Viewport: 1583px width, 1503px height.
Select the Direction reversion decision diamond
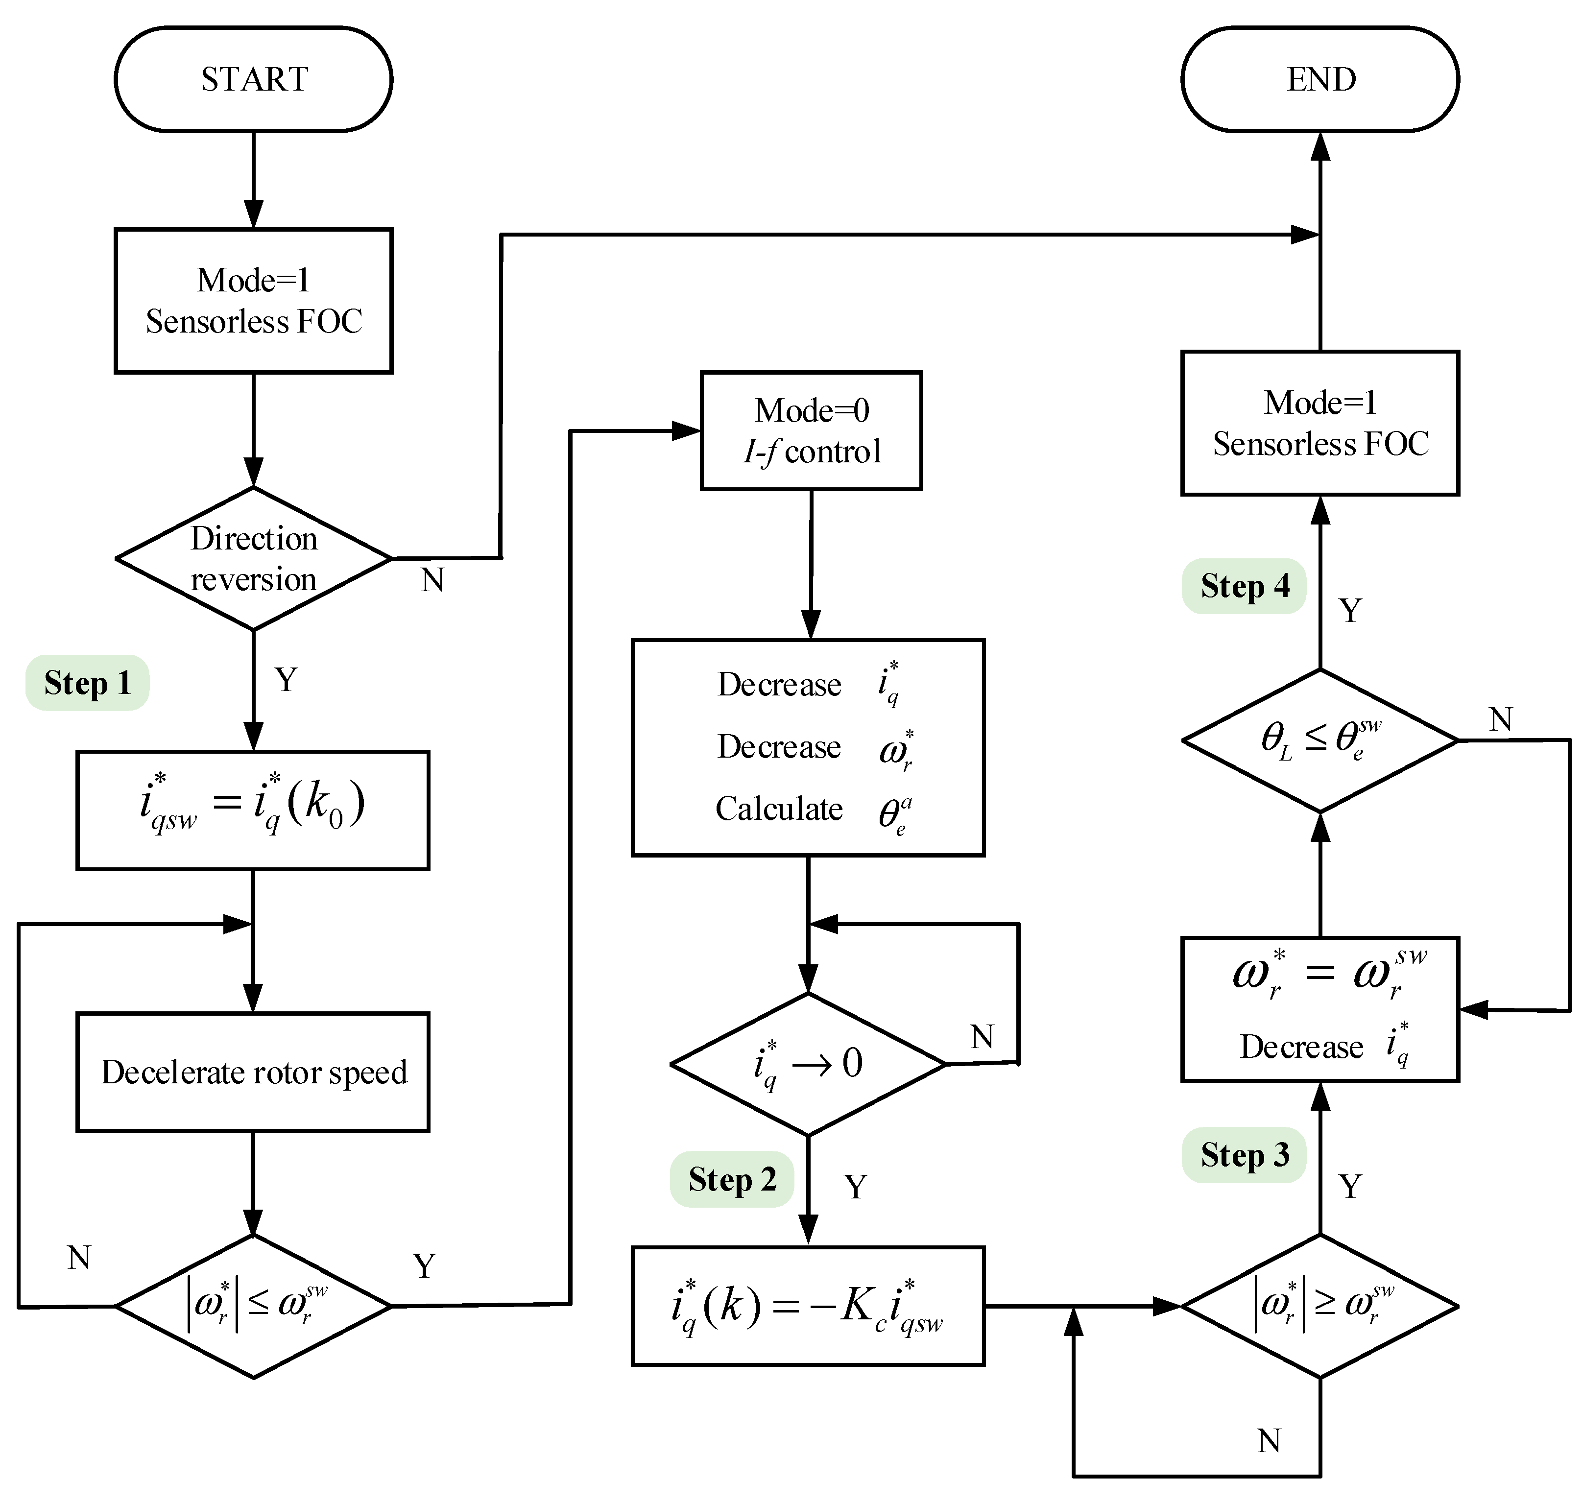point(254,558)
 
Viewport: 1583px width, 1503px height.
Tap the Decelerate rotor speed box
point(253,1072)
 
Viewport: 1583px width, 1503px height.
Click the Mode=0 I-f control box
point(812,431)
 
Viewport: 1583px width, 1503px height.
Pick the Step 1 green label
point(87,683)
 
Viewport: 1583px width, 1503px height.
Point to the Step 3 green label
point(1244,1154)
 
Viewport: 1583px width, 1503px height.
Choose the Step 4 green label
point(1244,586)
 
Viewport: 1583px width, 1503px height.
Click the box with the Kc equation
point(808,1306)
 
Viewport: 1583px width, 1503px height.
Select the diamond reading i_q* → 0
point(808,1064)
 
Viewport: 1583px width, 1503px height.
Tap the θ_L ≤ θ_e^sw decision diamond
point(1320,740)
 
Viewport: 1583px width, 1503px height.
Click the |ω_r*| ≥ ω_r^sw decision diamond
point(1320,1306)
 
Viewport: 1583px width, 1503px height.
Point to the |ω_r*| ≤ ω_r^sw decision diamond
point(254,1306)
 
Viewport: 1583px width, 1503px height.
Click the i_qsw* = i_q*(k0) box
point(253,810)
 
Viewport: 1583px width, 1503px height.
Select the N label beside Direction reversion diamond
point(432,580)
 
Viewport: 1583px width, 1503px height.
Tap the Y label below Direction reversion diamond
point(286,679)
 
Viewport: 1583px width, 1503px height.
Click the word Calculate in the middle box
point(779,809)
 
